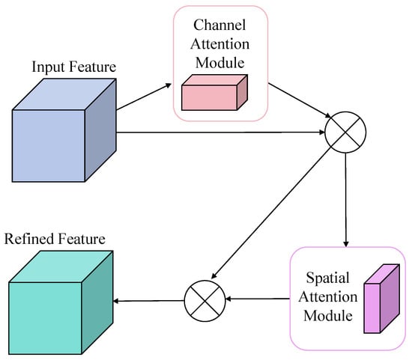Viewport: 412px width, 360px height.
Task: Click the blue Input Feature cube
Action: [x=64, y=130]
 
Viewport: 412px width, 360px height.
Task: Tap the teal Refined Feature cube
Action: [x=61, y=302]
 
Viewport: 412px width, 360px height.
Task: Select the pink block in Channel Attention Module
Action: [x=214, y=92]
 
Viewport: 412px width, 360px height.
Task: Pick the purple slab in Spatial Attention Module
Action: [x=382, y=299]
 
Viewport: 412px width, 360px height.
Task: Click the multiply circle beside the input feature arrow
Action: [x=345, y=132]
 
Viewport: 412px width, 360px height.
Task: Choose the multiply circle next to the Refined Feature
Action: [x=205, y=301]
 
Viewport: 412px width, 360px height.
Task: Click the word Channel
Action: [x=219, y=25]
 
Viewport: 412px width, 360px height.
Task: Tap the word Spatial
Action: [x=328, y=278]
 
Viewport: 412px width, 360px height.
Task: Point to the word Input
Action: [x=49, y=67]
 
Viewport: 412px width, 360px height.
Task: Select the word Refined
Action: [x=29, y=239]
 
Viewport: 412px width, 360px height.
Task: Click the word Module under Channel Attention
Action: [x=220, y=63]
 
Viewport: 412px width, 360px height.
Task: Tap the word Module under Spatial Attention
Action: [x=328, y=316]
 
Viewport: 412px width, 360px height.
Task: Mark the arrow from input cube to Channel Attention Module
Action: [x=144, y=97]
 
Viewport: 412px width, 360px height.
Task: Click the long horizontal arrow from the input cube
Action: [x=220, y=132]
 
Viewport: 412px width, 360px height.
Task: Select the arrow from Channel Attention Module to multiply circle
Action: [x=300, y=100]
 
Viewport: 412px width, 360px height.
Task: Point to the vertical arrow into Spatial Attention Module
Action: [x=345, y=200]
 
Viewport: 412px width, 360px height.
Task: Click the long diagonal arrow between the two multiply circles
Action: [x=271, y=213]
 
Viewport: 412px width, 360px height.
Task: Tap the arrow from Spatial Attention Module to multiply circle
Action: [x=258, y=299]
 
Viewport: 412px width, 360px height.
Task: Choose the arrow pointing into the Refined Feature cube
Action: [x=148, y=301]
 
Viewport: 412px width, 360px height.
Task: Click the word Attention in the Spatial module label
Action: [x=328, y=297]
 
